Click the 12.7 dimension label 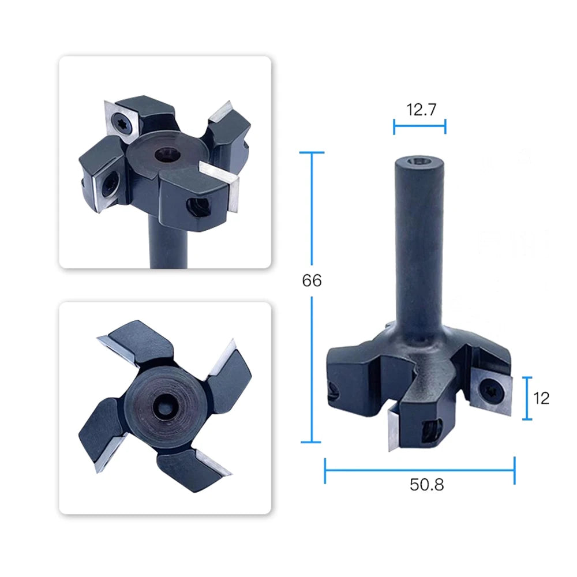tap(421, 110)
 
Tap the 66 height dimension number tap(312, 280)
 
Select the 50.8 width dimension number tap(427, 485)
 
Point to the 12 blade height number tap(541, 399)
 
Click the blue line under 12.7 tap(419, 126)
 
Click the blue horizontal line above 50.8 tap(419, 470)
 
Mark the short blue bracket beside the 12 tap(527, 398)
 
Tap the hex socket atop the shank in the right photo tap(419, 161)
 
